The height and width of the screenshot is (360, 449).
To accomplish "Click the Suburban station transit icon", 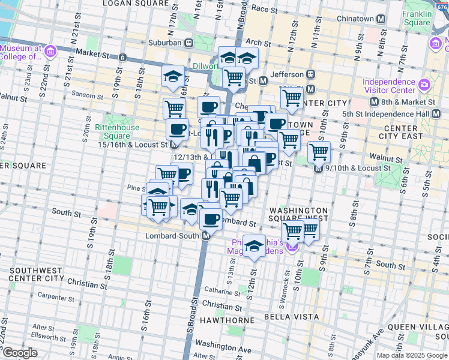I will [x=188, y=43].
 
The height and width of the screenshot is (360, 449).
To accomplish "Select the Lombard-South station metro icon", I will [x=206, y=236].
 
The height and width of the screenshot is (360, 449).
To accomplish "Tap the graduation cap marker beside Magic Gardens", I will [x=255, y=246].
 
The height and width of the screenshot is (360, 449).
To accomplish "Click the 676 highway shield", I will [x=444, y=7].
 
